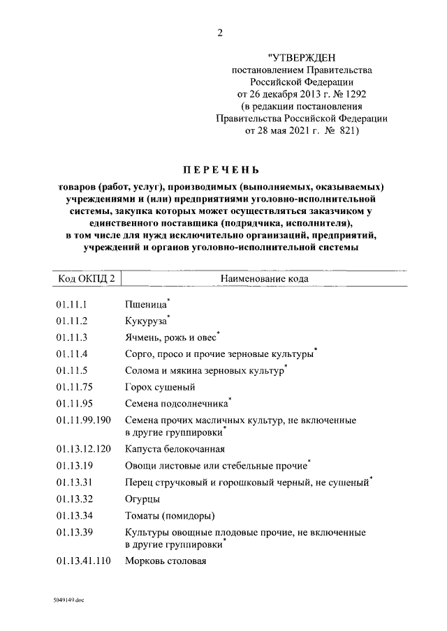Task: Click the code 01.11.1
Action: click(x=71, y=305)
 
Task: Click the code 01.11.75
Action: click(x=73, y=387)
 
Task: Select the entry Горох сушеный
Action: click(x=159, y=387)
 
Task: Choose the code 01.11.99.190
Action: click(x=83, y=420)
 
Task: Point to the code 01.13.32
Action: click(x=73, y=499)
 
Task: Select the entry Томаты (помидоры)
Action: click(x=169, y=516)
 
